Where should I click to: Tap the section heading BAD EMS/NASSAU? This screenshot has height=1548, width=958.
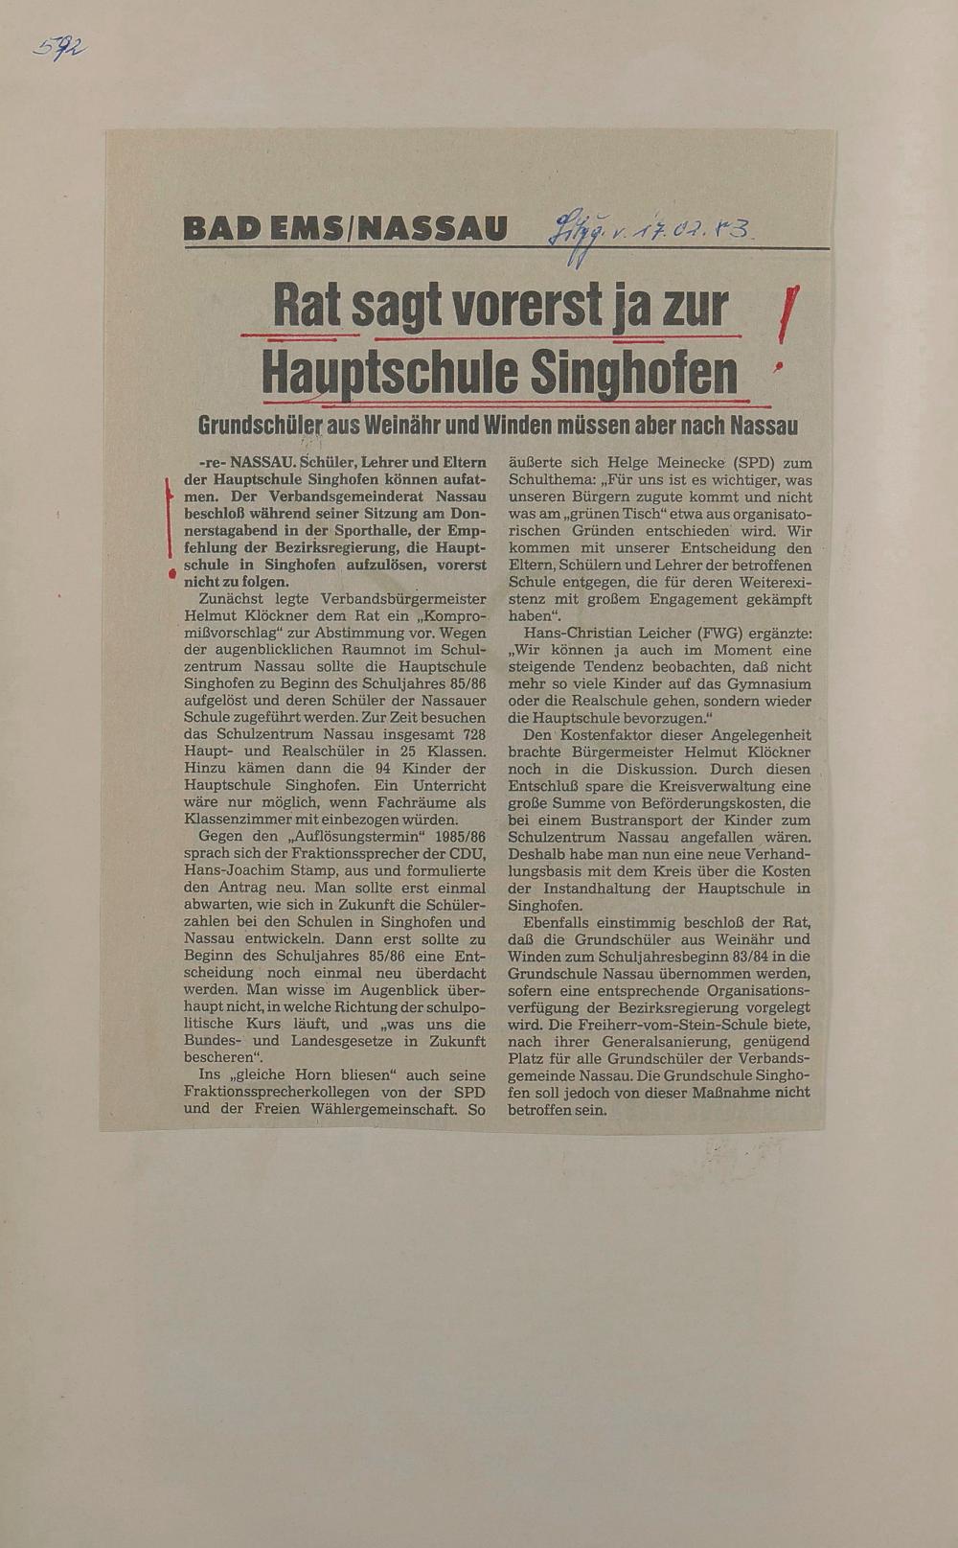click(345, 229)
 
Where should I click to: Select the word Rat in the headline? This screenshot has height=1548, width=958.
click(308, 307)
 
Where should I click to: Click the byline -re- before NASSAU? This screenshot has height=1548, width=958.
click(209, 463)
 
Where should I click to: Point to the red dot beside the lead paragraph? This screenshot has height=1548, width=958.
click(171, 573)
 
